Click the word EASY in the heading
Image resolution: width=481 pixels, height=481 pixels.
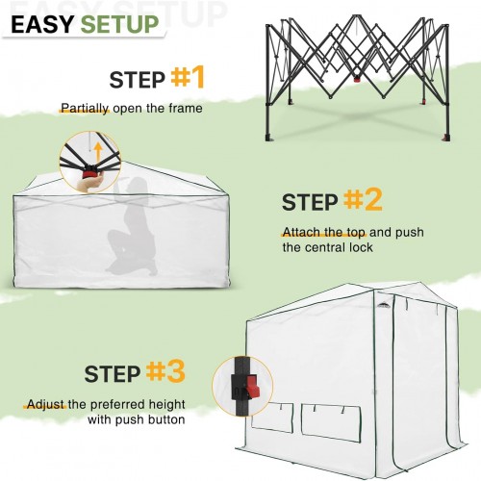(x=42, y=24)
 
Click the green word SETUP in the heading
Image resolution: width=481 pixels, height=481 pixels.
(x=119, y=24)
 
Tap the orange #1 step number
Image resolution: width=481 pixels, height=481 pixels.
(x=188, y=77)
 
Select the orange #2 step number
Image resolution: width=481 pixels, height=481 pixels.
(x=363, y=199)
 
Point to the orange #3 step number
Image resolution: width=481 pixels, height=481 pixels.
(x=165, y=371)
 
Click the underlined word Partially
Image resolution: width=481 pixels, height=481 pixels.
(x=85, y=109)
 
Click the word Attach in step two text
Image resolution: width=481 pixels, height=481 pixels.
(x=301, y=232)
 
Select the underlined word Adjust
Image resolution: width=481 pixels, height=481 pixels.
(x=45, y=405)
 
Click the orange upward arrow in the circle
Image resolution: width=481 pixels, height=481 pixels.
(x=98, y=153)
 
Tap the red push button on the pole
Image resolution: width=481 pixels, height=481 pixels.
(x=253, y=387)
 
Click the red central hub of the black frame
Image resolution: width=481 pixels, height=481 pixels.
(x=357, y=79)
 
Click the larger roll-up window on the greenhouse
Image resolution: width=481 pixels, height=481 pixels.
(x=331, y=423)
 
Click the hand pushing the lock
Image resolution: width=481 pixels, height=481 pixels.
(x=89, y=184)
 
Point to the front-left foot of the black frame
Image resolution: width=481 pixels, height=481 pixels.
(x=268, y=137)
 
